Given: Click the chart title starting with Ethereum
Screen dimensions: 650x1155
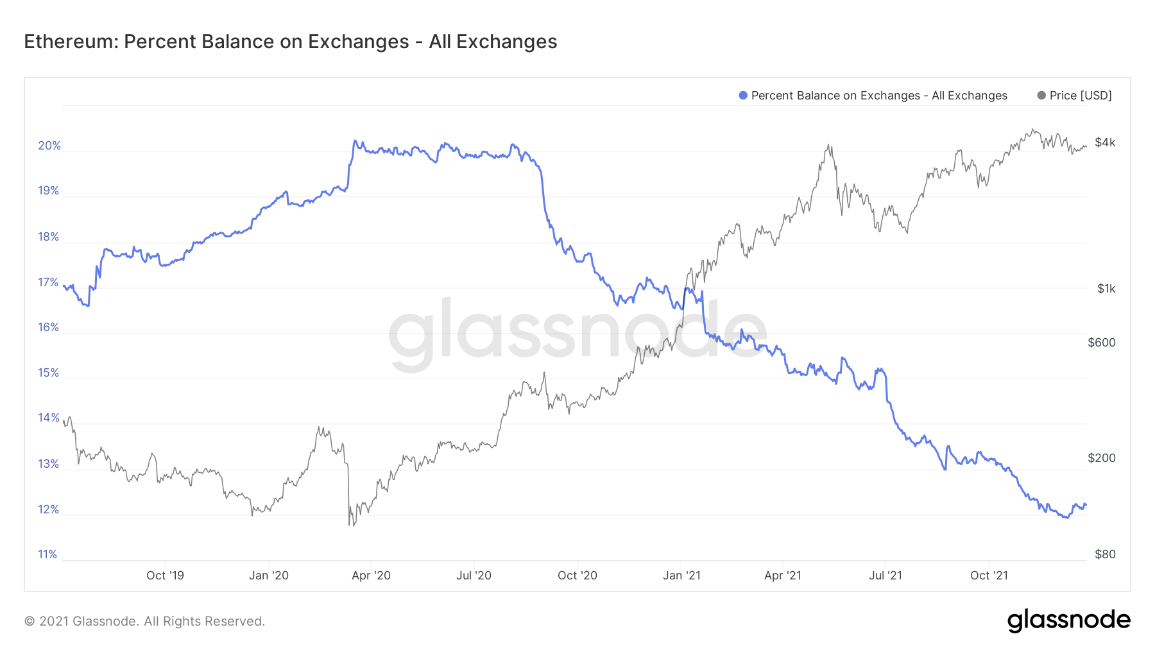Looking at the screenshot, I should pos(290,42).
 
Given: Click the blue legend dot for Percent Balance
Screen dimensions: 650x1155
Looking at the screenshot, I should pos(743,96).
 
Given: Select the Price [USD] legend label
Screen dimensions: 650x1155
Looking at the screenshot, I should pos(1081,96).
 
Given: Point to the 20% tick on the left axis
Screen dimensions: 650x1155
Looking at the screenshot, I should pos(49,146).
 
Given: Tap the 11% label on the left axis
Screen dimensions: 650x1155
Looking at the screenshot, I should pos(47,554).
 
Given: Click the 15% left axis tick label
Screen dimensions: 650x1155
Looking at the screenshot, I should pos(49,373).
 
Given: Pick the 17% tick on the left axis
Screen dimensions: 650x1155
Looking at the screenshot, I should pos(48,282).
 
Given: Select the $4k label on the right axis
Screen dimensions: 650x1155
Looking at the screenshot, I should pos(1105,142).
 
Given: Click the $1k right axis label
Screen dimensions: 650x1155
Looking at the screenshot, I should pos(1106,289).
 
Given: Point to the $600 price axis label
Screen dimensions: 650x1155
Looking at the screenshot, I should pos(1102,343).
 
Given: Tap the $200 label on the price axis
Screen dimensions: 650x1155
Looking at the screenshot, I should pos(1102,458).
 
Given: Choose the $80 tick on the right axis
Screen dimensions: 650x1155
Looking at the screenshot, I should pos(1105,554).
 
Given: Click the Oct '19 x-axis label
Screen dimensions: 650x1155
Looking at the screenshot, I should pos(165,576).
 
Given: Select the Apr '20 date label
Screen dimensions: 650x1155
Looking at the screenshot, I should pos(371,576).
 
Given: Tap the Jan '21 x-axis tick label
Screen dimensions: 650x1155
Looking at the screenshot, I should pos(681,576).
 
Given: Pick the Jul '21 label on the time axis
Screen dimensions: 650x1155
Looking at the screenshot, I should pos(886,576).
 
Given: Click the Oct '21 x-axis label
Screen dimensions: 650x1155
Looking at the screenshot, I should pos(989,576).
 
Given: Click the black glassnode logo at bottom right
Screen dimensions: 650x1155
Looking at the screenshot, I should pos(1068,620).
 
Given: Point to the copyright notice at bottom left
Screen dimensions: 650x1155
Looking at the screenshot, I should pos(144,621).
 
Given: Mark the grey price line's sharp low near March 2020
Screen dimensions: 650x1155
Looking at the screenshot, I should pos(349,526).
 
